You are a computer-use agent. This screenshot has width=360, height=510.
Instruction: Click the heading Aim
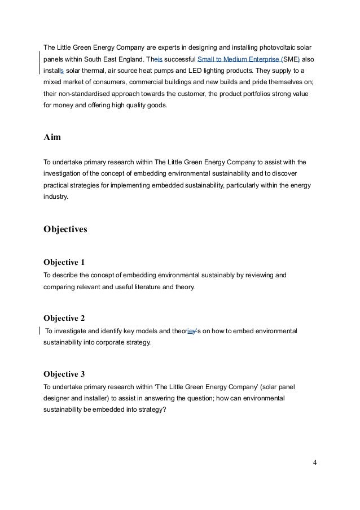pos(52,137)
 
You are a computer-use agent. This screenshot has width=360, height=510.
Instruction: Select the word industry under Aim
pos(55,198)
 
